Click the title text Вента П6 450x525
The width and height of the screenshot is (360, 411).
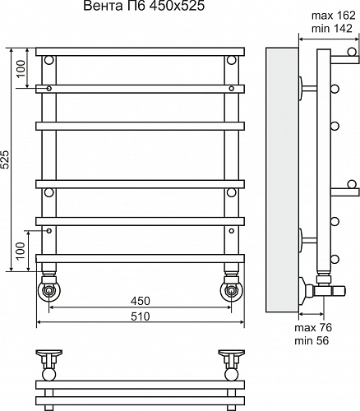(144, 6)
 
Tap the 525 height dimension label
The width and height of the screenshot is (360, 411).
(6, 159)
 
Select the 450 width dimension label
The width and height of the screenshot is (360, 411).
(140, 301)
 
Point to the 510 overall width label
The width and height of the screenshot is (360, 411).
(140, 316)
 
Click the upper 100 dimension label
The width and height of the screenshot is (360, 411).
(21, 69)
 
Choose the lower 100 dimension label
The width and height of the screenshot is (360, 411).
(21, 251)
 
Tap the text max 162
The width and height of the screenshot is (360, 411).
(334, 16)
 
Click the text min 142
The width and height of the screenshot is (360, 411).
(332, 29)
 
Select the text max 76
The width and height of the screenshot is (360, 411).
(313, 327)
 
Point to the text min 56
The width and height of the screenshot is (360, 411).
(312, 340)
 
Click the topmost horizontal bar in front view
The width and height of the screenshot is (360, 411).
(140, 52)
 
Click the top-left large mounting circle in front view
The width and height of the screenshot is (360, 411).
(49, 60)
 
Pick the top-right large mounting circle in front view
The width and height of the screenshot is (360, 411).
(232, 60)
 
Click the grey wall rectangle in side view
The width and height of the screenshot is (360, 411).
(282, 180)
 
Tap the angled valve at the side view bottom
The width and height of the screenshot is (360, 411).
(323, 291)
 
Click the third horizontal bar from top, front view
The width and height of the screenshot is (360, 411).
(140, 126)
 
